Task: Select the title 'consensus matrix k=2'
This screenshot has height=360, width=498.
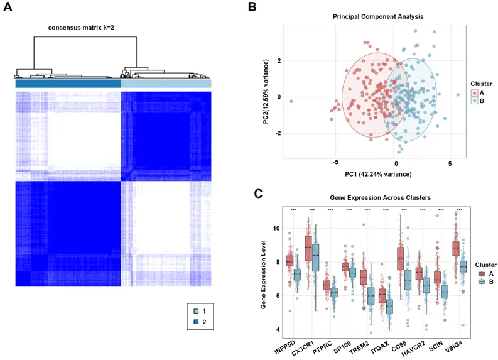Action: point(81,28)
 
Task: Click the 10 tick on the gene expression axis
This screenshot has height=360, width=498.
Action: point(277,227)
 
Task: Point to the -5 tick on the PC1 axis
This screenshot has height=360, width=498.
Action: point(335,163)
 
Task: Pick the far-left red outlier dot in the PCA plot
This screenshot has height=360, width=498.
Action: point(291,101)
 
